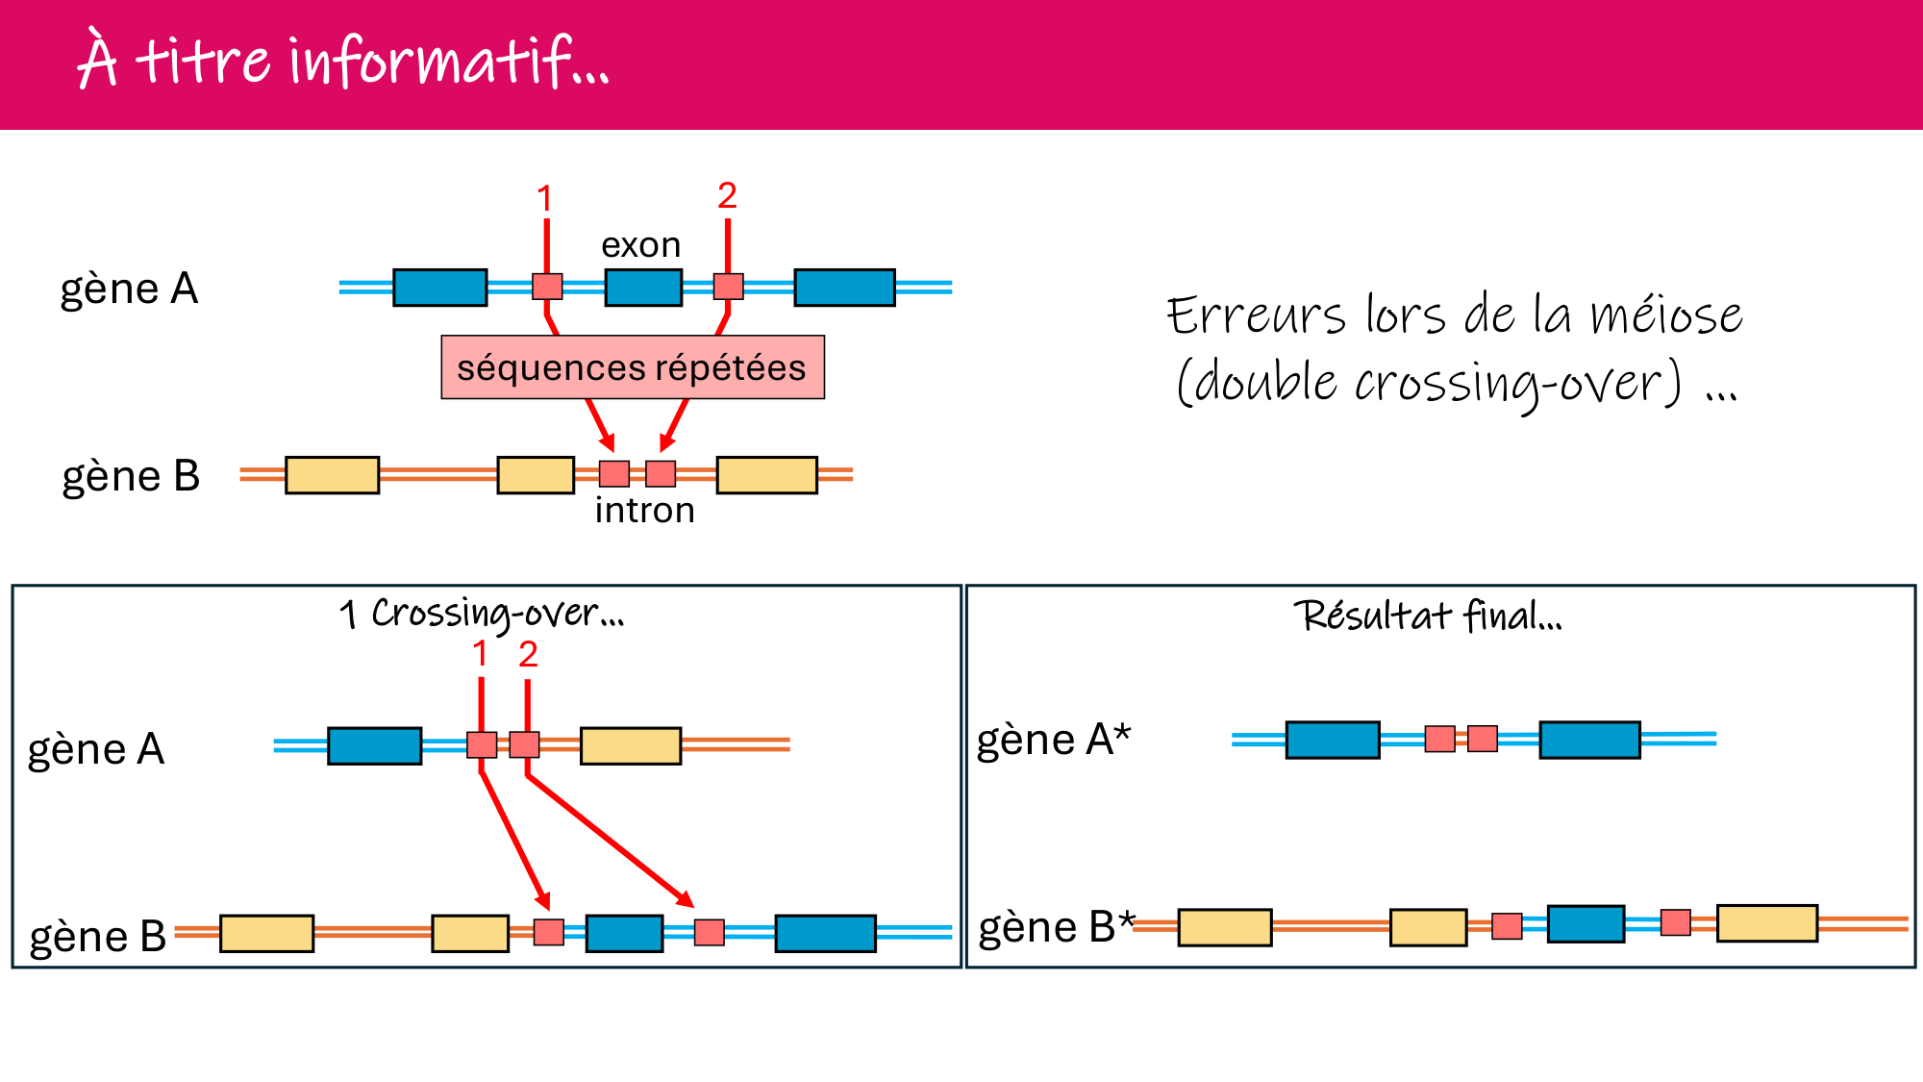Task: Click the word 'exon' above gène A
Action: pyautogui.click(x=640, y=245)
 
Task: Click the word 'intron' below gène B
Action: pyautogui.click(x=644, y=510)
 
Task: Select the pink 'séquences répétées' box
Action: pyautogui.click(x=632, y=367)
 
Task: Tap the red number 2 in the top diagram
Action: pyautogui.click(x=727, y=196)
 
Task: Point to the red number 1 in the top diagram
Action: pyautogui.click(x=544, y=199)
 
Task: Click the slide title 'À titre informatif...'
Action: pyautogui.click(x=342, y=60)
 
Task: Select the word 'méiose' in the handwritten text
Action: pyautogui.click(x=1665, y=315)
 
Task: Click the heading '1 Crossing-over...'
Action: pyautogui.click(x=482, y=614)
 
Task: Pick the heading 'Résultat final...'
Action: pyautogui.click(x=1427, y=616)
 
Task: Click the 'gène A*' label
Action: pyautogui.click(x=1054, y=740)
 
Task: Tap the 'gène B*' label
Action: pyautogui.click(x=1056, y=927)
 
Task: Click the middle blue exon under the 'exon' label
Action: pyautogui.click(x=643, y=288)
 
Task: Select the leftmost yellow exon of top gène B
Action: pyautogui.click(x=332, y=475)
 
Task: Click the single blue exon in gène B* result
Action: pyautogui.click(x=1586, y=923)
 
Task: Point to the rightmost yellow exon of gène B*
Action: pyautogui.click(x=1766, y=923)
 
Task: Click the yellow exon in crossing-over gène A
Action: pyautogui.click(x=630, y=745)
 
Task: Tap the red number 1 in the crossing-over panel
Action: pyautogui.click(x=480, y=655)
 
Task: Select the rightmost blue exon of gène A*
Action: pyautogui.click(x=1588, y=740)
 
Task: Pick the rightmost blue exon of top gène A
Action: pyautogui.click(x=844, y=288)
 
